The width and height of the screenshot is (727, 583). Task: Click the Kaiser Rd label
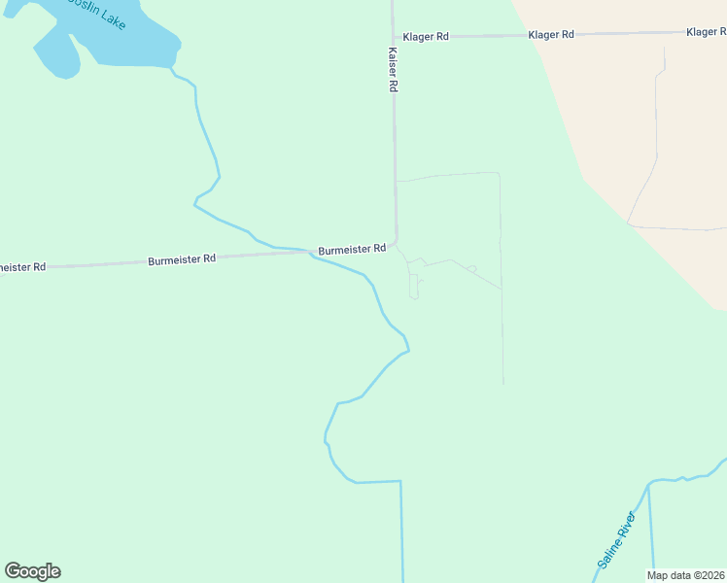click(x=394, y=71)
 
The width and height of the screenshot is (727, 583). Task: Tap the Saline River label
click(x=615, y=541)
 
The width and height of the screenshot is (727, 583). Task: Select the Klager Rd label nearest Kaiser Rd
click(x=426, y=36)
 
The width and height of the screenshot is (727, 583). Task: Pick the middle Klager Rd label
click(x=551, y=34)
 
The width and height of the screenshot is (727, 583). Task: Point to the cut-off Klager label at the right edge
click(x=706, y=32)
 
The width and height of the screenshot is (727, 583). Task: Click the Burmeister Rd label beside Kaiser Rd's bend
click(x=352, y=250)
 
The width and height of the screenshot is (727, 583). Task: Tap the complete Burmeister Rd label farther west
click(x=182, y=260)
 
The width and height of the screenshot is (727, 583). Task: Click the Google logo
click(x=33, y=571)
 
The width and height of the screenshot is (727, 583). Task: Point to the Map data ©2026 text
click(x=686, y=575)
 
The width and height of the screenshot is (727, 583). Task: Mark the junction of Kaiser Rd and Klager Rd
click(x=393, y=37)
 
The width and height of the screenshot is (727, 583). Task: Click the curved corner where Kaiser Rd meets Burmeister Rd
click(x=396, y=243)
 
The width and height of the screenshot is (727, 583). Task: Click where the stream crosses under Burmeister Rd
click(x=312, y=255)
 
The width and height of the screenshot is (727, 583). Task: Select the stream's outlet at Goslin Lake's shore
click(x=173, y=69)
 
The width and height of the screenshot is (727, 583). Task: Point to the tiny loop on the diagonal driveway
click(x=471, y=268)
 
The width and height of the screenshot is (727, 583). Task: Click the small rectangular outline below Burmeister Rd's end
click(x=413, y=287)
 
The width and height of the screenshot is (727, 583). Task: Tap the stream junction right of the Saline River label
click(x=648, y=482)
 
